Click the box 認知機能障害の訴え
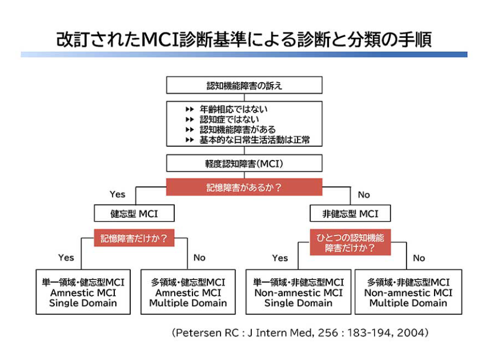pos(244,85)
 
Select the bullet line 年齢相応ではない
pos(234,109)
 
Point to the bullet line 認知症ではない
pos(229,119)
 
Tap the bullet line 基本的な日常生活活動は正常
pos(254,140)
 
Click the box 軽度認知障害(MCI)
pos(244,164)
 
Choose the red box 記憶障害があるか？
pos(244,187)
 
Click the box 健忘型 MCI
pos(134,214)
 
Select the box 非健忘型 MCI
pos(351,214)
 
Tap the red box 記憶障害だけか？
pos(134,238)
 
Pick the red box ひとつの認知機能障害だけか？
pos(350,242)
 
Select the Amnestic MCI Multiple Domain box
pos(188,293)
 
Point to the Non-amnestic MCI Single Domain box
pos(298,293)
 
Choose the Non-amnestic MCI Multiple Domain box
pos(408,293)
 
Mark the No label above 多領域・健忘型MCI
pos(199,258)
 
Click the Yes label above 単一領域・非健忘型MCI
pos(280,258)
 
